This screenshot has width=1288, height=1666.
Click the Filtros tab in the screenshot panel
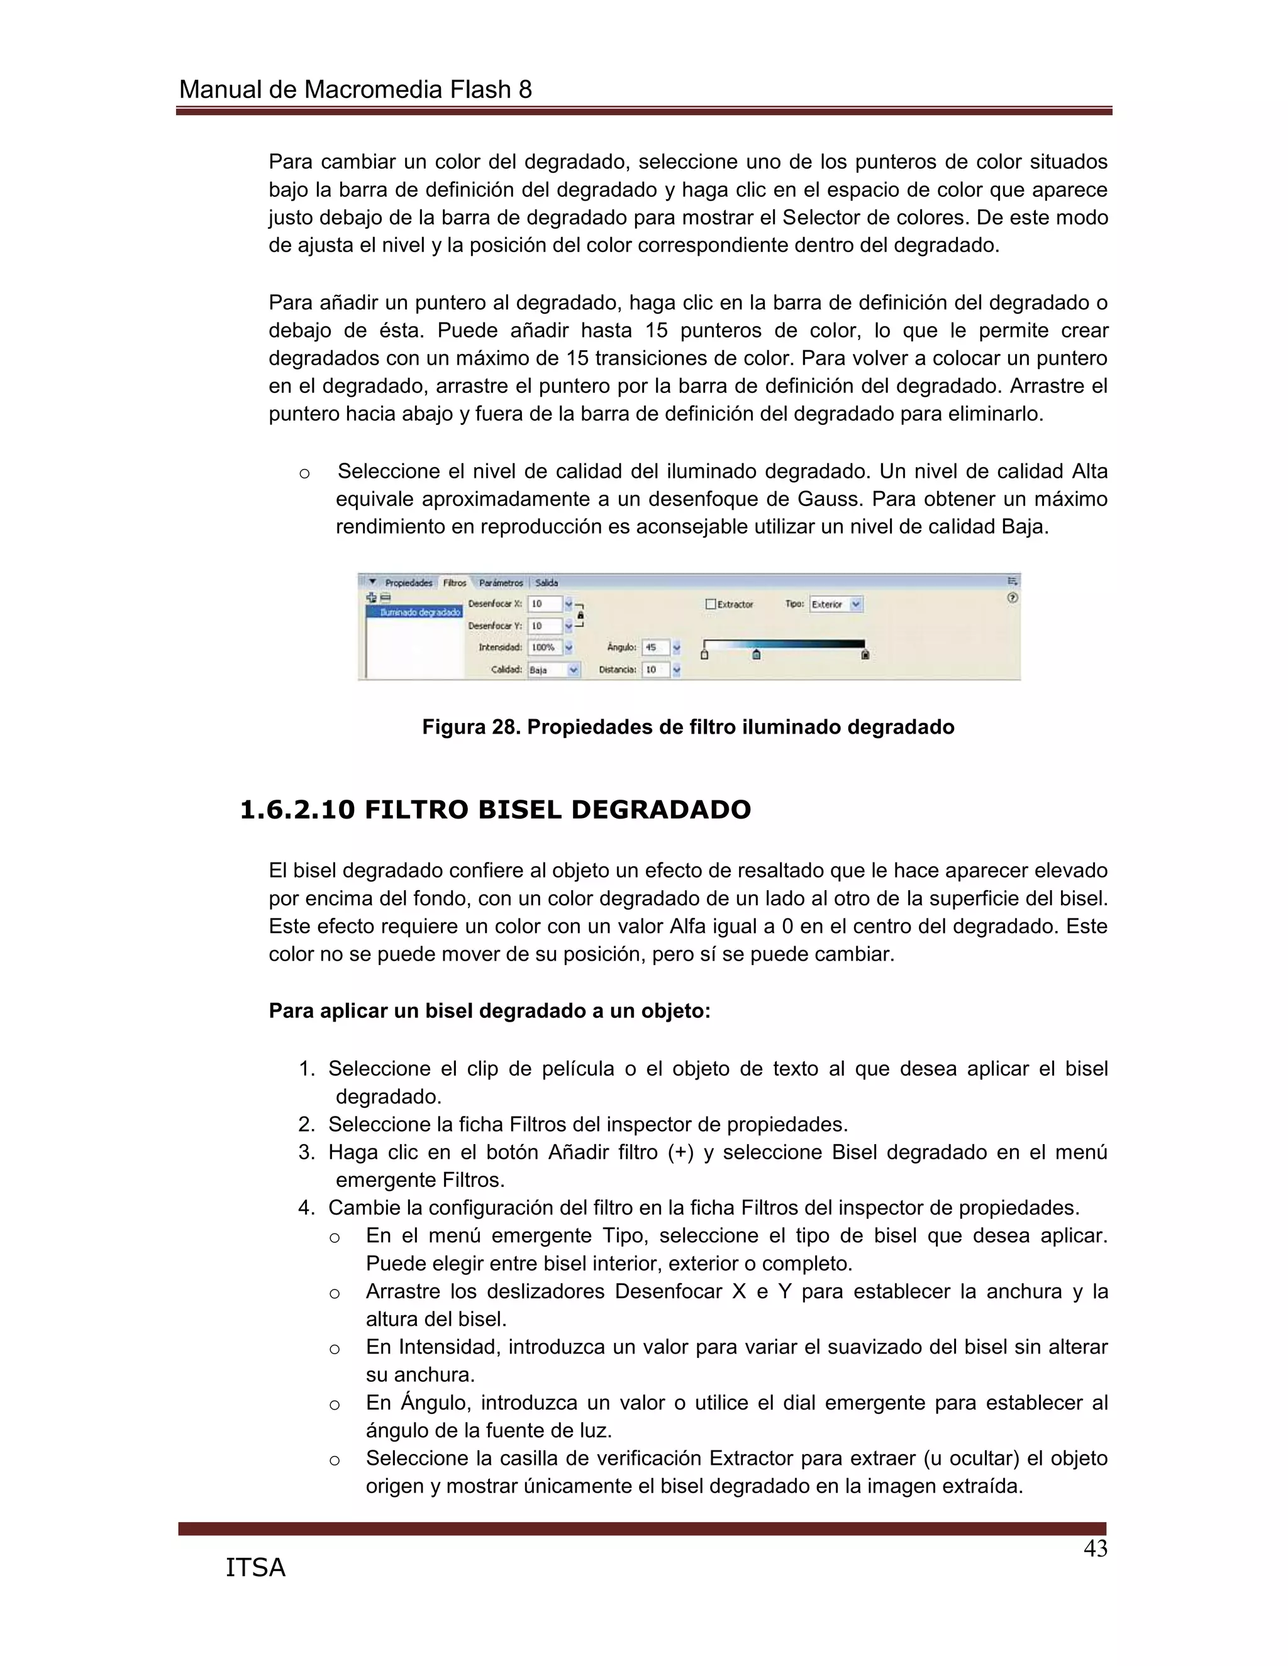tap(454, 583)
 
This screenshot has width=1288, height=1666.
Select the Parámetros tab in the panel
tap(501, 583)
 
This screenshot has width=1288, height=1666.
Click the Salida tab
tap(547, 583)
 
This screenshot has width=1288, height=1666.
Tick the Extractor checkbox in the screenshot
tap(711, 604)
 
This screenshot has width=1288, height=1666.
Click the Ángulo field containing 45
tap(655, 648)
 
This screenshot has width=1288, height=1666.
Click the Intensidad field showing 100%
tap(545, 648)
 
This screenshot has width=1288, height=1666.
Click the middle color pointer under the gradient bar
tap(756, 654)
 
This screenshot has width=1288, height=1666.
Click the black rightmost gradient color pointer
tap(865, 654)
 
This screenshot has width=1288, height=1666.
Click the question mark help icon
tap(1013, 598)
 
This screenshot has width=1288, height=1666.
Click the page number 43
tap(1095, 1549)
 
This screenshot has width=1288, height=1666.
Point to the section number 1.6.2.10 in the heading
tap(297, 810)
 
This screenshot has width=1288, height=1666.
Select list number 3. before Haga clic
tap(307, 1152)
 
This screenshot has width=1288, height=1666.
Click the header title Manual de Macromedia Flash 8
tap(355, 90)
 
